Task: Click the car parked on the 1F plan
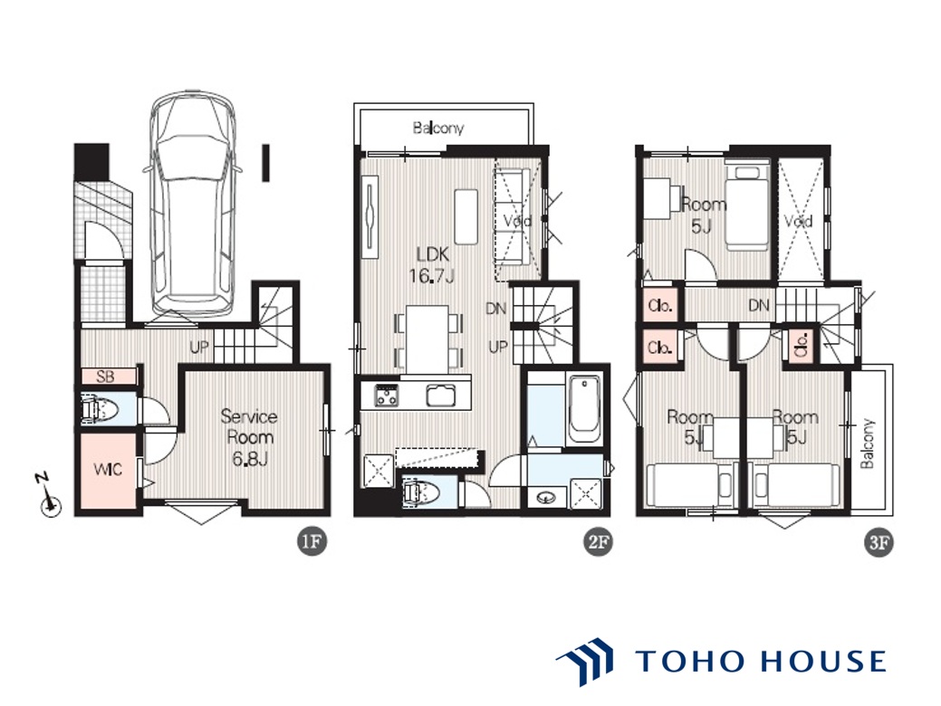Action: (192, 204)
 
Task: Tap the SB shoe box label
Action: (106, 377)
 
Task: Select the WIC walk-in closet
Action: (108, 469)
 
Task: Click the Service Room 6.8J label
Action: (248, 437)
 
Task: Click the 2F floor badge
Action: (598, 542)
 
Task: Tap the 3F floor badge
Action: (878, 542)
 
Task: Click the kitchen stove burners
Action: (387, 396)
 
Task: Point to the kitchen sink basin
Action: (441, 396)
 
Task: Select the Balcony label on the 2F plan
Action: (438, 128)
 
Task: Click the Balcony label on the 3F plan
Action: (867, 443)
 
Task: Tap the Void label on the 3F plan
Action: (798, 222)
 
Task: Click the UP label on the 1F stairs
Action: (198, 347)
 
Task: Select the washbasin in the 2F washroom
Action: (545, 497)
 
